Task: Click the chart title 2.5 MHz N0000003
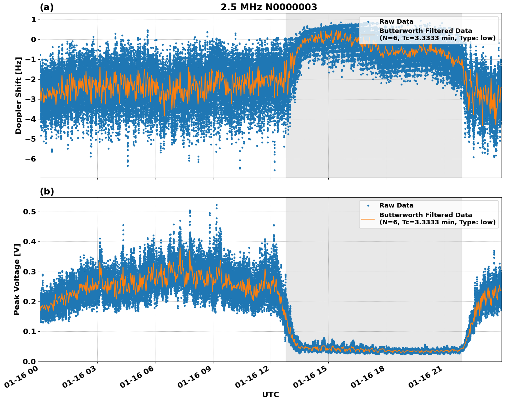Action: [269, 7]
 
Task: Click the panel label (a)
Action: [47, 7]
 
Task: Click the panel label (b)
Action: [47, 191]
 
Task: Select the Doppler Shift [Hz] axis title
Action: [19, 95]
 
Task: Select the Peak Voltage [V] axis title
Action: [17, 279]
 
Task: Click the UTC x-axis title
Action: [270, 394]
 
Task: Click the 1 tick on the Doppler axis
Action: [34, 20]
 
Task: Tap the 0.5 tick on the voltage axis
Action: [30, 212]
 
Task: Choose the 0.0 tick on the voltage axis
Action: [30, 361]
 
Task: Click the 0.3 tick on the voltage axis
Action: [30, 272]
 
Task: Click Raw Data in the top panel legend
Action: [396, 22]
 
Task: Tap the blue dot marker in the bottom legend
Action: [368, 205]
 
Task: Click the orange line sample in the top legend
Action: [368, 34]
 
